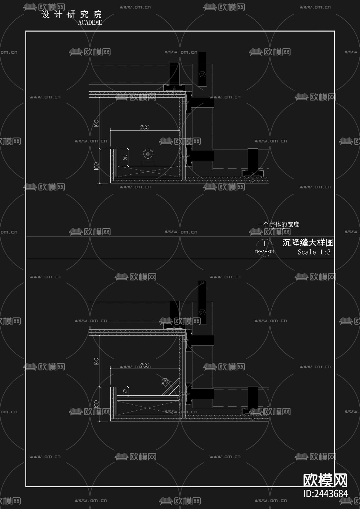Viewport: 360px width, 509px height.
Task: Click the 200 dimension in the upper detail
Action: tap(145, 127)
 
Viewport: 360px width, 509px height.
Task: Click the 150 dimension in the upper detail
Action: tap(96, 123)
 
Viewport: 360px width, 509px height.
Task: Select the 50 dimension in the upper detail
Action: tap(125, 157)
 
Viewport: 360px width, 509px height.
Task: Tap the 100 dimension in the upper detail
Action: tap(96, 166)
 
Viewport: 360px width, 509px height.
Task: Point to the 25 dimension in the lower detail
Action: tap(125, 391)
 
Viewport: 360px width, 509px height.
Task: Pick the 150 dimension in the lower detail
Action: tap(96, 361)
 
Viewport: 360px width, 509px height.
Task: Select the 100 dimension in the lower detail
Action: tap(96, 404)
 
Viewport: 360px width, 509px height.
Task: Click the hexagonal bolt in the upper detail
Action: tap(202, 74)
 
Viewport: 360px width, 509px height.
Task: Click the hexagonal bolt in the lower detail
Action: tap(202, 312)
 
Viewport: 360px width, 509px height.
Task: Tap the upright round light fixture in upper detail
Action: tap(148, 154)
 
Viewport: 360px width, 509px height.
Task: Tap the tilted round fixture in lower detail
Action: tap(165, 381)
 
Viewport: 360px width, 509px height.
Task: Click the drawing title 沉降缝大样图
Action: tap(308, 243)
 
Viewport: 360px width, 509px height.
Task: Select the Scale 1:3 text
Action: tap(314, 252)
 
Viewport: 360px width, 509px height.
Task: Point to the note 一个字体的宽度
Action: tap(278, 224)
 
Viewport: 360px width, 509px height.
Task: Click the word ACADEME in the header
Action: tap(90, 23)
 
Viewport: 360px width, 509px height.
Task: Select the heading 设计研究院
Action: tap(71, 14)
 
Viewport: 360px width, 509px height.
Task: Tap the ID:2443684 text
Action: tap(325, 494)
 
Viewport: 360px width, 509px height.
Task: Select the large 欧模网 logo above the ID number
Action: tap(325, 480)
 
